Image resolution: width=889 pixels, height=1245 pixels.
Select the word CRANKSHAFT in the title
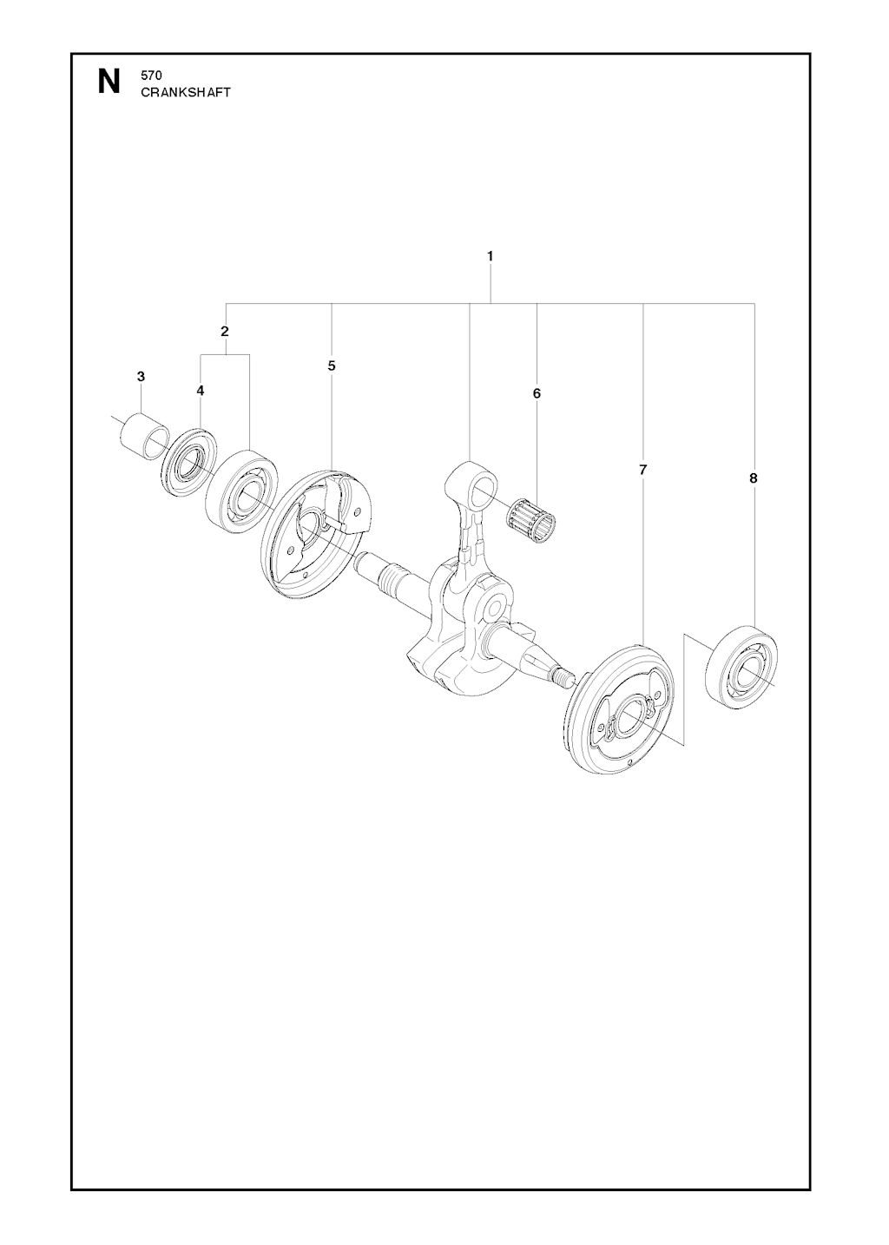coord(185,93)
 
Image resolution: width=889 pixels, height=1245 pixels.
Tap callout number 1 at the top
coord(490,256)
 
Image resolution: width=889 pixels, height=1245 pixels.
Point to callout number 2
coord(225,332)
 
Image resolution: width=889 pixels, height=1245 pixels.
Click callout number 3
coord(141,376)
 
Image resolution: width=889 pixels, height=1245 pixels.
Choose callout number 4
coord(200,391)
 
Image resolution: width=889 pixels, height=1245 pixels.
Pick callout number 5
coord(332,366)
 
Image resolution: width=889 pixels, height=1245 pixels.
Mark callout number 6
coord(537,393)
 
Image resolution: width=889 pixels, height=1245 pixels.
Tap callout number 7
coord(642,470)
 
